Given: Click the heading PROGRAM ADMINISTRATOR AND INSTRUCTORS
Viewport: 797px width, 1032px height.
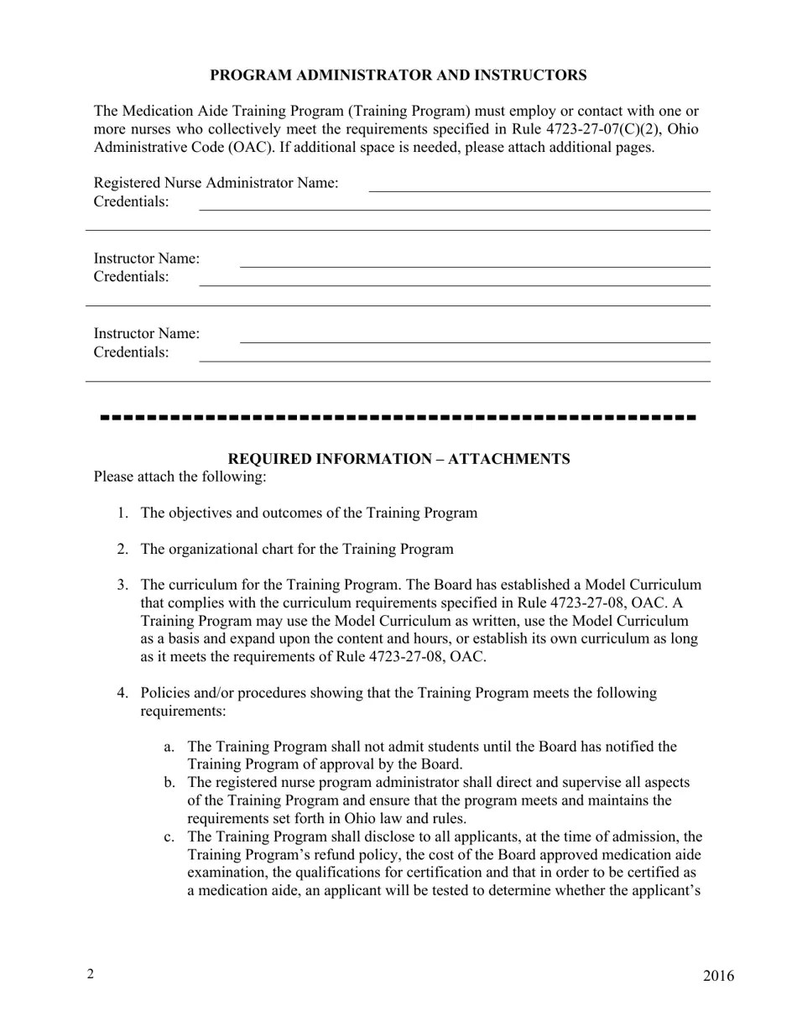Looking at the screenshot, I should (398, 76).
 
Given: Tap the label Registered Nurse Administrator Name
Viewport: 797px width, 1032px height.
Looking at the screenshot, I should (216, 183).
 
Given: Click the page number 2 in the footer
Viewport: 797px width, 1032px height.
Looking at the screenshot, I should (90, 973).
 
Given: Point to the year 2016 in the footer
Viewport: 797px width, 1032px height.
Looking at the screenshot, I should (718, 976).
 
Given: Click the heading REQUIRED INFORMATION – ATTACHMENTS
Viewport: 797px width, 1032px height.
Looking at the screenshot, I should (398, 459).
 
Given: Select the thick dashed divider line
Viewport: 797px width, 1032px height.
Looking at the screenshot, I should (398, 417).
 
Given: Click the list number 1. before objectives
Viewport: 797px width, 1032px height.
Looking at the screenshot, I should (123, 513).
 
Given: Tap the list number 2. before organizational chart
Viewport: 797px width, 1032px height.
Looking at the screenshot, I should (123, 550).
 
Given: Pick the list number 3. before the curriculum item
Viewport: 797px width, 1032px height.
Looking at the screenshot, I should (123, 585).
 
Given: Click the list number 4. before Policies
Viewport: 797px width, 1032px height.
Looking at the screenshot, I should (123, 693).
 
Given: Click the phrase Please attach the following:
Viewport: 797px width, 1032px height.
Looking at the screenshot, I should (180, 477).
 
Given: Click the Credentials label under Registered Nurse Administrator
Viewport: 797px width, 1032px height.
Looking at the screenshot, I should (131, 202).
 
